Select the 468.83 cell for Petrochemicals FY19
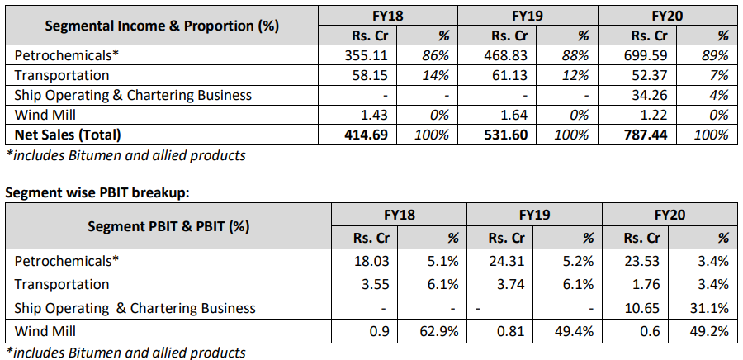click(x=502, y=55)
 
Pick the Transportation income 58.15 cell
click(x=365, y=75)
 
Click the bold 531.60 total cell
click(x=502, y=135)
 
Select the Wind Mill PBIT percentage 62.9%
click(x=438, y=331)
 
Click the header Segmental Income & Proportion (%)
click(x=162, y=25)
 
